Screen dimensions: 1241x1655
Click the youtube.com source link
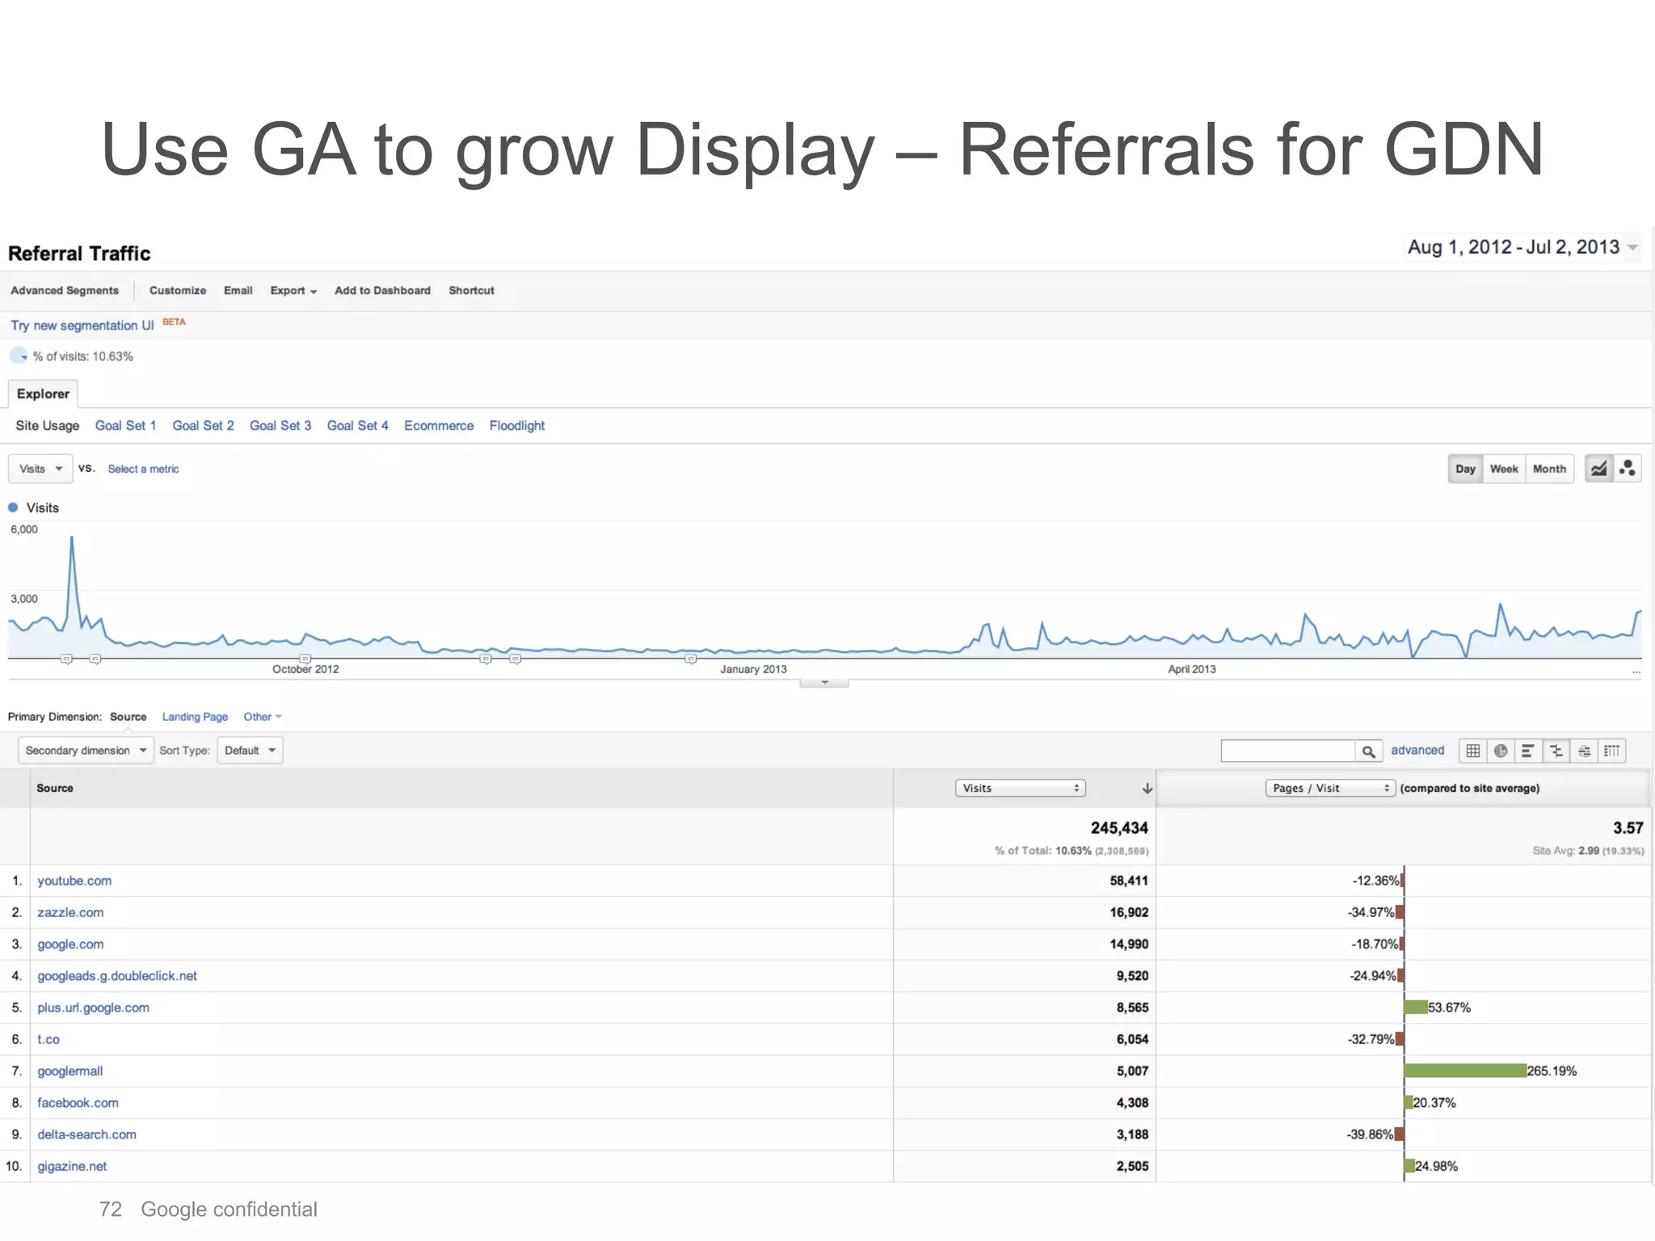coord(74,881)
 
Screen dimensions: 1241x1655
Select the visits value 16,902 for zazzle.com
coord(1128,912)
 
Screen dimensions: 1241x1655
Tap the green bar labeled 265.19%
coord(1464,1071)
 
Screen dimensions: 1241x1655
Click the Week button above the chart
coord(1503,469)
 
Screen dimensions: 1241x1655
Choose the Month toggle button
coord(1548,469)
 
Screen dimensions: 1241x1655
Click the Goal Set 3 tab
coord(280,426)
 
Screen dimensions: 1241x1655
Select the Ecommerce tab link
coord(439,426)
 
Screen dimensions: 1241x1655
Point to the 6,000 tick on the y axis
coord(24,529)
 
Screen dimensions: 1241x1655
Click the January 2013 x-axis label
coord(753,669)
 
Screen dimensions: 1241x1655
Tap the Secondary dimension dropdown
coord(86,751)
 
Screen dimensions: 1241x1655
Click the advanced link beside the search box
coord(1417,751)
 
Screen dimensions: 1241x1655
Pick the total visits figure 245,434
coord(1118,828)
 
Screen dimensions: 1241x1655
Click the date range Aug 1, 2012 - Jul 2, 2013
coord(1514,247)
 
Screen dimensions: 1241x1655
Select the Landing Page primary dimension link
coord(195,717)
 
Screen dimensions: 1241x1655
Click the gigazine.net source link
coord(72,1166)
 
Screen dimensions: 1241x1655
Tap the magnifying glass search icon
coord(1368,751)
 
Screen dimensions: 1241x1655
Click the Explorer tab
coord(43,394)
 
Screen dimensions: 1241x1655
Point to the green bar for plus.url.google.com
coord(1416,1008)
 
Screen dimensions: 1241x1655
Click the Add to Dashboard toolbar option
coord(382,291)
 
